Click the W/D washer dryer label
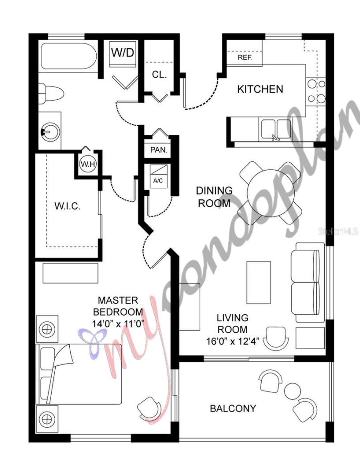click(122, 53)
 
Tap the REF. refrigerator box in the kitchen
click(244, 58)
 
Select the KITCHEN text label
click(260, 89)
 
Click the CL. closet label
click(159, 75)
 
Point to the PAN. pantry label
click(159, 150)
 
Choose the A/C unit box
click(158, 177)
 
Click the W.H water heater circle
click(85, 164)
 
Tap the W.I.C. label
click(67, 206)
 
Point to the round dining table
click(270, 192)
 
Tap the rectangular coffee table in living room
click(259, 282)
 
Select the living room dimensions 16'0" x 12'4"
click(232, 341)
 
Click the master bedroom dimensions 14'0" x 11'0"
click(118, 323)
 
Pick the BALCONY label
click(232, 408)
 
